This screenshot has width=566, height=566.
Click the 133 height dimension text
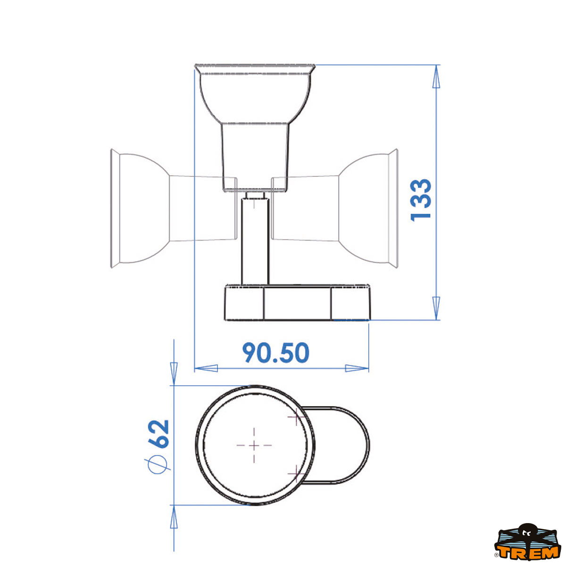coord(421,200)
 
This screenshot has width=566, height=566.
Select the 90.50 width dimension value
coord(276,353)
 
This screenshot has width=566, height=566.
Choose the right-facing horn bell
coord(370,208)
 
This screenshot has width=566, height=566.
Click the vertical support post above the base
coord(255,241)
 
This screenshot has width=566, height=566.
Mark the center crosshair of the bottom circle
coord(254,445)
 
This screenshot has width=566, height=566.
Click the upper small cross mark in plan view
coord(295,417)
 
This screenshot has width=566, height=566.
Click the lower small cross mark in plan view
coord(295,472)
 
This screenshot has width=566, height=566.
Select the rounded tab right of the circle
coord(344,445)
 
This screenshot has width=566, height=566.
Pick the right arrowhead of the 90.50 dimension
coord(357,368)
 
